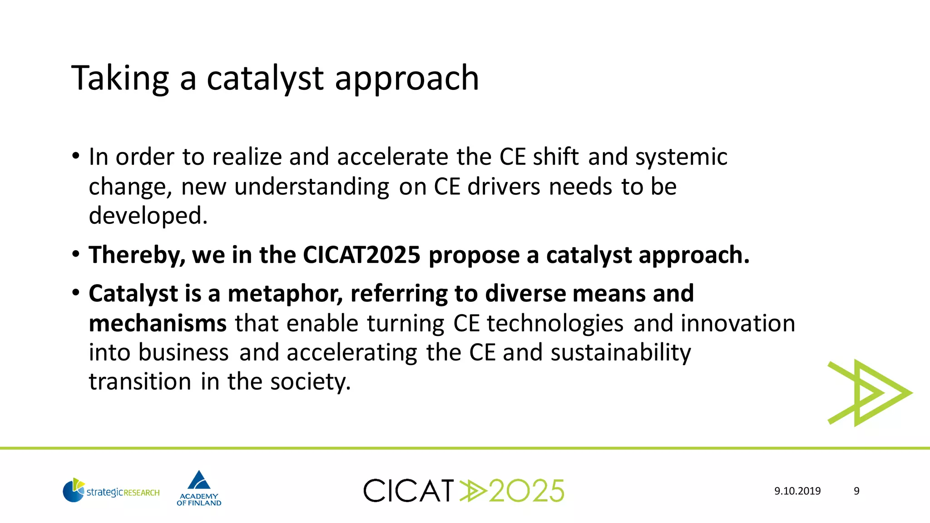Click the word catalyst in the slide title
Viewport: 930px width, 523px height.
coord(265,79)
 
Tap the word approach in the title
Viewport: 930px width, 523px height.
coord(406,79)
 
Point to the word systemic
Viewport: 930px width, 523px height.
coord(681,157)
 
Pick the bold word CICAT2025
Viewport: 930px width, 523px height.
coord(361,255)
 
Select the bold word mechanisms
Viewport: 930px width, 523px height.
coord(158,323)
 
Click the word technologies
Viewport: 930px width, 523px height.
coord(555,323)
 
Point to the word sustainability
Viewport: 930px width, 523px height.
coord(621,353)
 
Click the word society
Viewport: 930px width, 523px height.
coord(310,381)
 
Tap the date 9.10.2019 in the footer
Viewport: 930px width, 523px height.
coord(797,491)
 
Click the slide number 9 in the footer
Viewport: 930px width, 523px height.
coord(856,491)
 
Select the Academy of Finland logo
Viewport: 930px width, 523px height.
coord(199,488)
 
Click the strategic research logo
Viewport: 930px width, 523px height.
coord(111,490)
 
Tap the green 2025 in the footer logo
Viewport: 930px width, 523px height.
coord(527,491)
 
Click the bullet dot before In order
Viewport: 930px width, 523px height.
coord(76,157)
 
